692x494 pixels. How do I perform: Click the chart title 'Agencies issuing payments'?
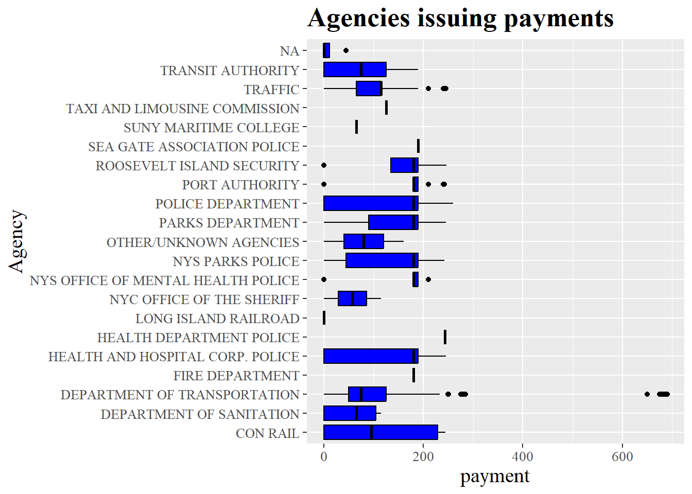(460, 19)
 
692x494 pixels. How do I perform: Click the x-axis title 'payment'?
(494, 476)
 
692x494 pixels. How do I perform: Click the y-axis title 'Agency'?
(16, 241)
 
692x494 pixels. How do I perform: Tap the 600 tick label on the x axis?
(622, 456)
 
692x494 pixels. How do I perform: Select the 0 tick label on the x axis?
(324, 456)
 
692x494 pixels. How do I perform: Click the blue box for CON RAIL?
(380, 432)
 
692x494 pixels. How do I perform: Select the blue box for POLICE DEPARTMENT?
(370, 203)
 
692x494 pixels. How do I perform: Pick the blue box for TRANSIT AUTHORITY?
(355, 69)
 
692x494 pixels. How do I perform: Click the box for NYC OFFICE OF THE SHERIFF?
(352, 298)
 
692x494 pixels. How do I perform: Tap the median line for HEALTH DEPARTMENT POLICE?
(445, 337)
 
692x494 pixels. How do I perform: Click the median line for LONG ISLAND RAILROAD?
(324, 318)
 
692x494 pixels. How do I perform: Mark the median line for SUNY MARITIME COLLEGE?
(356, 127)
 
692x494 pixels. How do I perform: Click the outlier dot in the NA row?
(346, 50)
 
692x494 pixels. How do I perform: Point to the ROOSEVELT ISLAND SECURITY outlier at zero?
(324, 165)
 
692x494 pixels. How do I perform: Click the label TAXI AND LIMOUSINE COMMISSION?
(183, 109)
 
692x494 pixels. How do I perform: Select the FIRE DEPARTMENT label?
(236, 376)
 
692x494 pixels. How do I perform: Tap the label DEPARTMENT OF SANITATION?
(200, 414)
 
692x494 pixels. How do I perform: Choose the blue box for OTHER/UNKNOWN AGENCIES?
(364, 241)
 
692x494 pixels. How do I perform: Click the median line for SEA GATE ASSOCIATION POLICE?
(418, 146)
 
